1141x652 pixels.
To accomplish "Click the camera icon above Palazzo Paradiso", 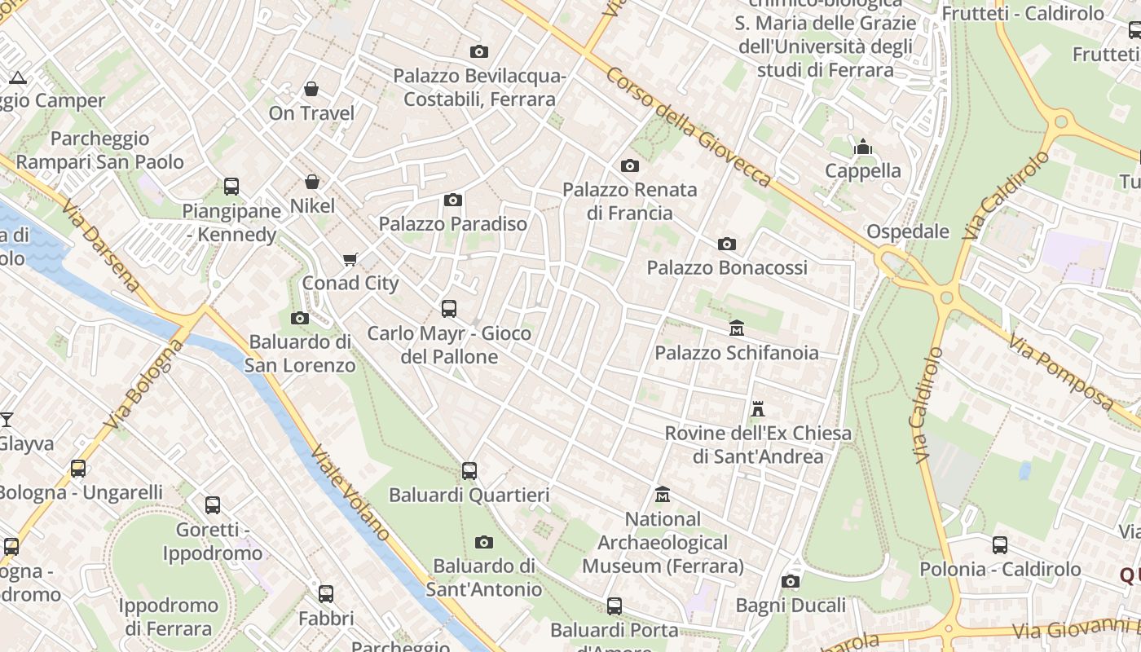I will tap(453, 200).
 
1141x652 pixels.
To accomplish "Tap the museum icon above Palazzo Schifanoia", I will tap(737, 328).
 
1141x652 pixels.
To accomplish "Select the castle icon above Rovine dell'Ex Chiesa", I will tap(758, 409).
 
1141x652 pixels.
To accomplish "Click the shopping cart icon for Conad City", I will tap(350, 259).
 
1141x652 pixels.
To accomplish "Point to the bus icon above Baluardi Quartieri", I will tap(469, 470).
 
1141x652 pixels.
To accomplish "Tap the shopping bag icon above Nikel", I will tap(311, 182).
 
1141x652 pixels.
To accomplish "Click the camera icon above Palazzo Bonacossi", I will tap(727, 244).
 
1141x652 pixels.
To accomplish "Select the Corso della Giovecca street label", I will tap(688, 127).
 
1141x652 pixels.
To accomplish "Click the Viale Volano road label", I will tap(350, 493).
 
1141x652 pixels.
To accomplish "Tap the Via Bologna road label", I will tap(145, 385).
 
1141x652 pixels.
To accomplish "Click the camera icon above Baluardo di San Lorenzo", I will tap(299, 318).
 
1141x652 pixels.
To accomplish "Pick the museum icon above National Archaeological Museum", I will tap(663, 495).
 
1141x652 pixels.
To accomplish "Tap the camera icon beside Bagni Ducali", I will tap(790, 581).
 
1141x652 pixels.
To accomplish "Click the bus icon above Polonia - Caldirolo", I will tap(1000, 545).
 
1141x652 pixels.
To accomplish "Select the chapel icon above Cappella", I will tap(863, 147).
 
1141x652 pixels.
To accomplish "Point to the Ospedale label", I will tap(907, 231).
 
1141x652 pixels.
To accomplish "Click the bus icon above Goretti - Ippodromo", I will tap(213, 505).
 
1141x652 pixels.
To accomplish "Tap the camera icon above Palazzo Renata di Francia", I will tap(630, 166).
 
